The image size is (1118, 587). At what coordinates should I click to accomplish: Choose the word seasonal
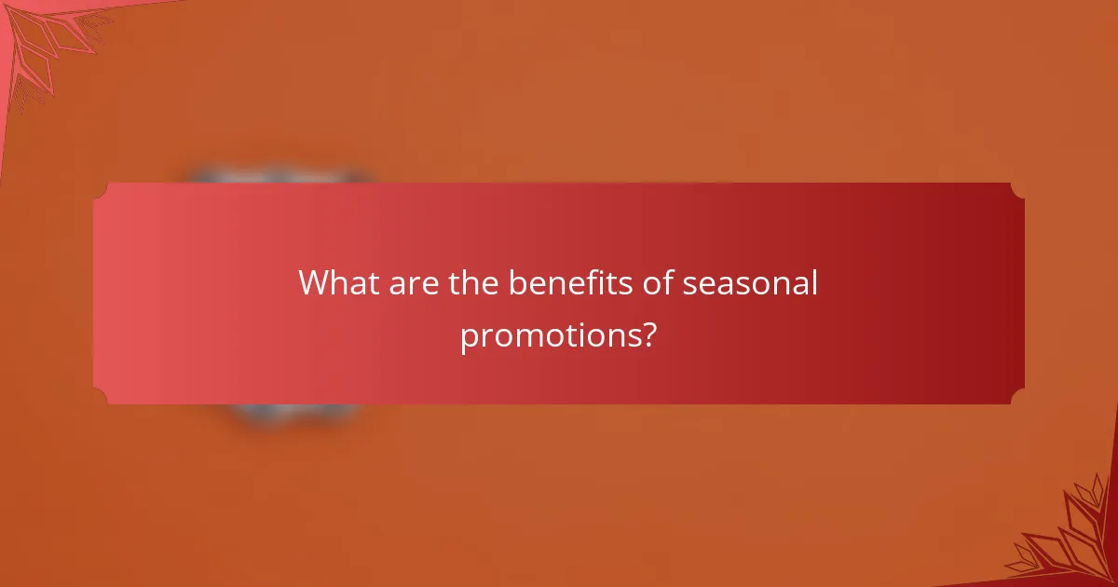point(750,283)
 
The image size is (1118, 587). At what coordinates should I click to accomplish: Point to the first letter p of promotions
point(469,338)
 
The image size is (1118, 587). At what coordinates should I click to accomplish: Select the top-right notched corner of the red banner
point(1017,190)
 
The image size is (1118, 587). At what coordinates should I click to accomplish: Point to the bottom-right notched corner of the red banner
point(1017,397)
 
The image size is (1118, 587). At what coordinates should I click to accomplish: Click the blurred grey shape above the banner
point(279,175)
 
